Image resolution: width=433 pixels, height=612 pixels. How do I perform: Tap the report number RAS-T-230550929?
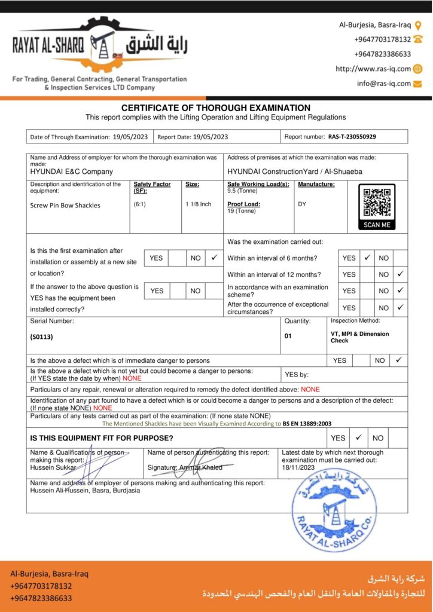pos(352,136)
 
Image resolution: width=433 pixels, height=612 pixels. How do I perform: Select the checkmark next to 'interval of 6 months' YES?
pos(367,258)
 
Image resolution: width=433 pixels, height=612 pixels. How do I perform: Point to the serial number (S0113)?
pos(42,336)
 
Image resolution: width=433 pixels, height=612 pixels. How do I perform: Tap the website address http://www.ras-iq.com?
pos(373,69)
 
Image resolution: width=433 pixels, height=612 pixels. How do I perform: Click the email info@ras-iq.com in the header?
pos(384,84)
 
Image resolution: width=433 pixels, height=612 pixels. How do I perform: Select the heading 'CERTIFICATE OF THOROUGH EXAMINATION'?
pos(216,108)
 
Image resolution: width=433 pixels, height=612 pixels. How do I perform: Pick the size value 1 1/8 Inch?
pos(199,204)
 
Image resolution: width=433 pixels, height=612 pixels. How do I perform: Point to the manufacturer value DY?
pos(302,204)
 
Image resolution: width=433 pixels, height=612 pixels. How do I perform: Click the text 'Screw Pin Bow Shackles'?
pos(65,205)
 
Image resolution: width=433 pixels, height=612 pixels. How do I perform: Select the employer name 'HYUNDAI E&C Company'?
pos(71,172)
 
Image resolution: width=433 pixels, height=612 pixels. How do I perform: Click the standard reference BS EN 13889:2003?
pos(307,423)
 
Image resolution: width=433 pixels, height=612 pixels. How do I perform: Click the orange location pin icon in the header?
pos(418,25)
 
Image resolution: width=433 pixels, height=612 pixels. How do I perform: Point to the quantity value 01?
pos(288,336)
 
